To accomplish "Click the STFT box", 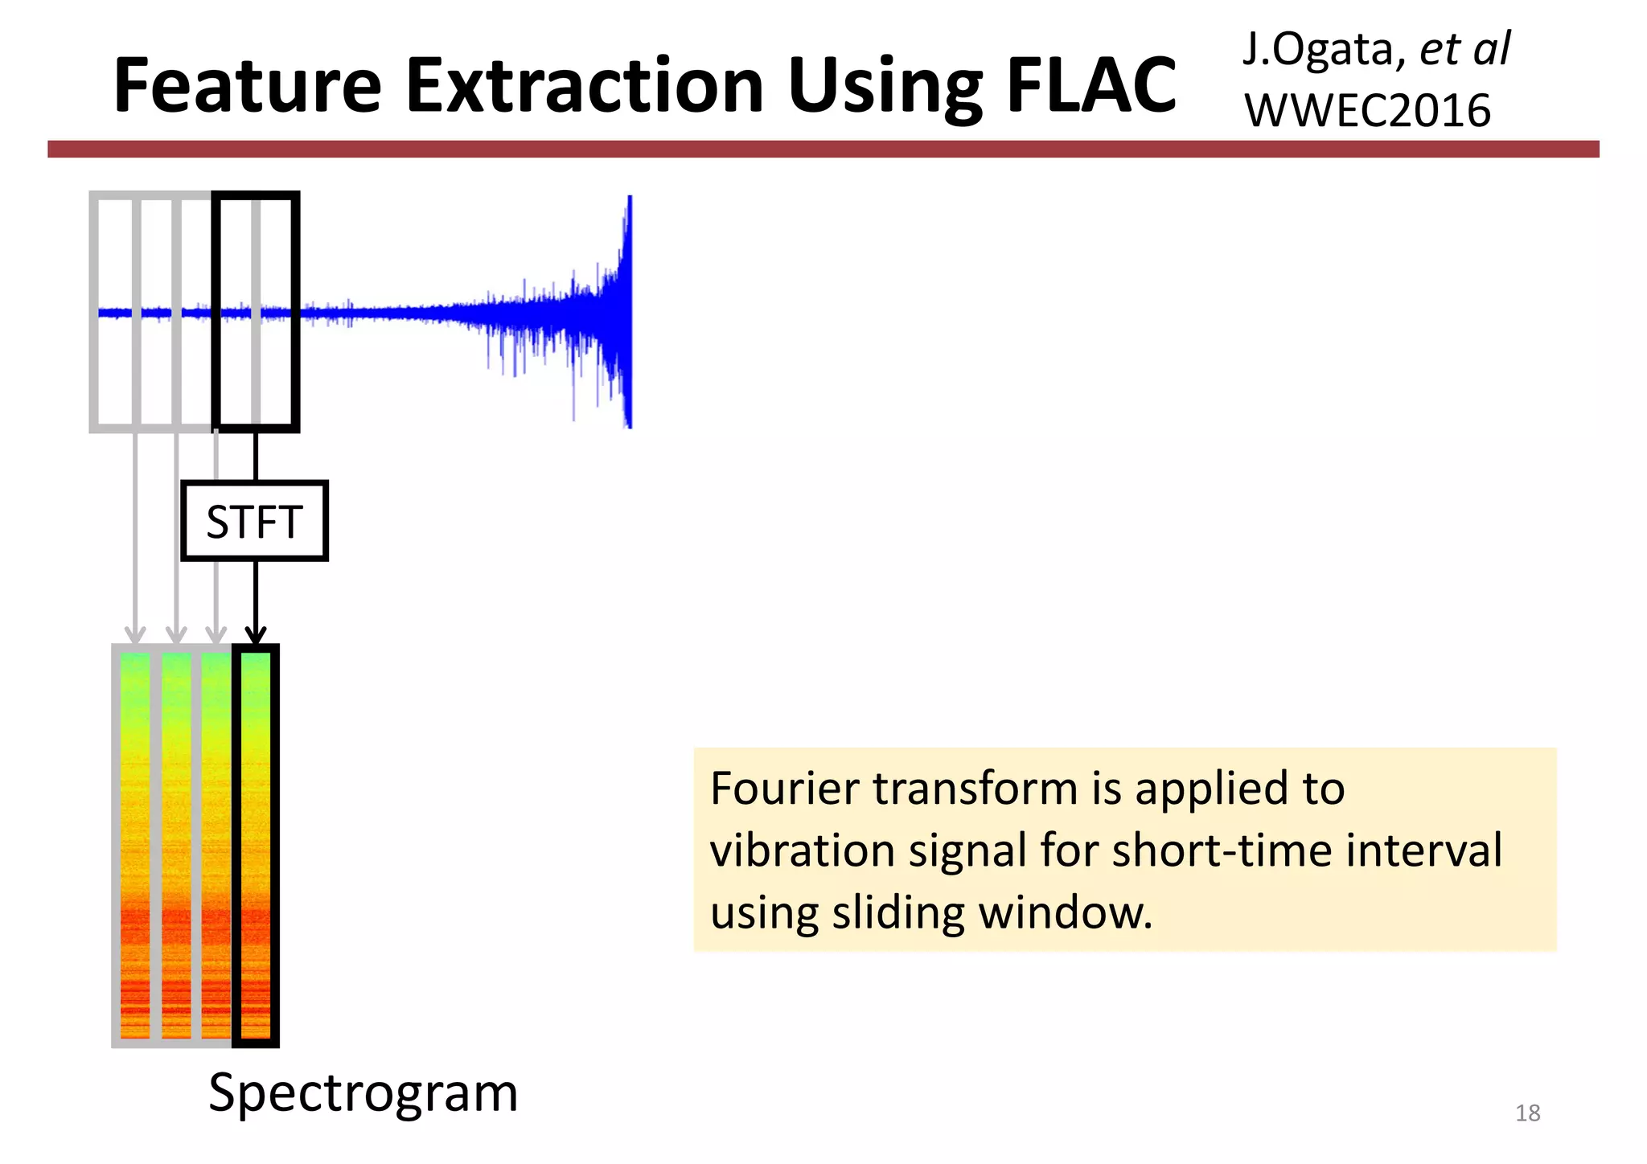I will click(254, 521).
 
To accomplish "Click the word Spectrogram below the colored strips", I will click(363, 1092).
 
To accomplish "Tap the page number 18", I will click(1527, 1113).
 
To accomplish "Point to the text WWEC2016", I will click(1367, 110).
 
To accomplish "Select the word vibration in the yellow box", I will click(802, 850).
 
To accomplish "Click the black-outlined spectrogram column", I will click(256, 844).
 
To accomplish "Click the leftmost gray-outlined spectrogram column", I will click(134, 844).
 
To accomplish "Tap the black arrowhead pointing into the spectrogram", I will click(256, 635).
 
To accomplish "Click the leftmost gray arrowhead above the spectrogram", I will click(135, 635).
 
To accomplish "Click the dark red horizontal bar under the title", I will click(823, 149).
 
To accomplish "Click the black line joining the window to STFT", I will click(256, 456).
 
